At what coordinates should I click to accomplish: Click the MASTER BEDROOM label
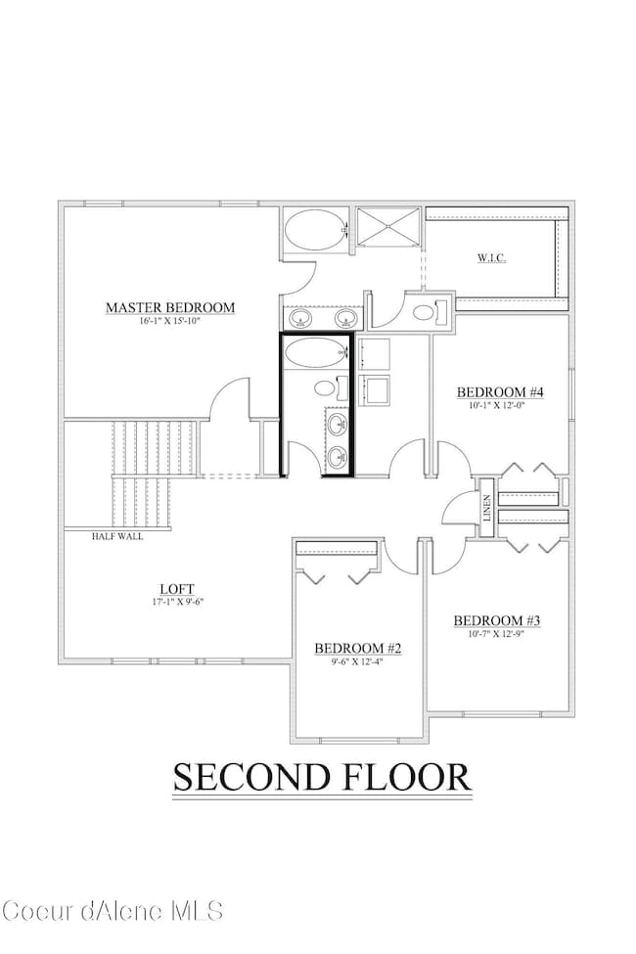click(x=170, y=307)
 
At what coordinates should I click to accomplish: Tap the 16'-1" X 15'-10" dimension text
click(x=170, y=321)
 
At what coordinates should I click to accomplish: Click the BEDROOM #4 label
click(x=500, y=392)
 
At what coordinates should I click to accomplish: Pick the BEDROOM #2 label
click(x=358, y=648)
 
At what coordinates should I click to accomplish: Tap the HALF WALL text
click(x=116, y=536)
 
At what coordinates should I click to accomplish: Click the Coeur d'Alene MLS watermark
click(x=112, y=910)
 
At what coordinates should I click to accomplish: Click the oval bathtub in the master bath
click(x=315, y=233)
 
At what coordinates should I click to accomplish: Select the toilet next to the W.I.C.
click(x=427, y=313)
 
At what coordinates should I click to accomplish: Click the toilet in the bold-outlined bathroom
click(x=326, y=387)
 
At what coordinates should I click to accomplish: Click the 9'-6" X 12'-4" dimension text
click(x=358, y=661)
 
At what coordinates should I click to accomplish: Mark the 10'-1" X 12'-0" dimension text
click(x=500, y=406)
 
